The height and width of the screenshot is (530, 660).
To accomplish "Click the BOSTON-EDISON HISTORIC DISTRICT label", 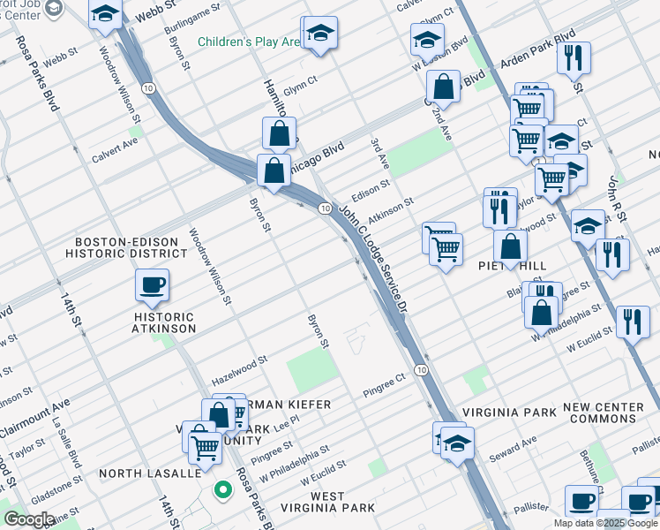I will [x=131, y=247].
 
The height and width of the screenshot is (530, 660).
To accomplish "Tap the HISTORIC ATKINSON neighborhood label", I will [x=164, y=322].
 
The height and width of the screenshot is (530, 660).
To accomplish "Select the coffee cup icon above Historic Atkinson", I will [x=151, y=284].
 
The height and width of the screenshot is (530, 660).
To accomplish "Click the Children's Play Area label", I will [x=250, y=42].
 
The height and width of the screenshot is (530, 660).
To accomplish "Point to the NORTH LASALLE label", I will [x=149, y=473].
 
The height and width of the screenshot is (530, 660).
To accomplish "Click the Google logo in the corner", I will [x=29, y=519].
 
